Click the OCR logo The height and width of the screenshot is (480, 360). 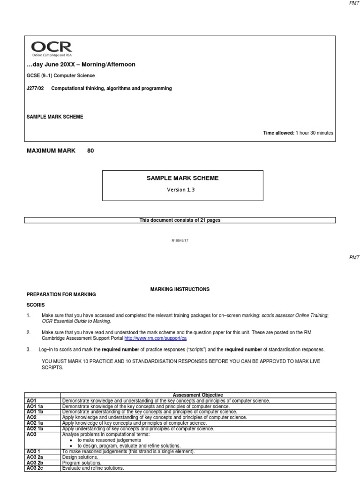point(52,48)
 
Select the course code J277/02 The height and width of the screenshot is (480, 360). point(35,88)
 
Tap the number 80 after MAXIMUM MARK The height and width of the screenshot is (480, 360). point(90,150)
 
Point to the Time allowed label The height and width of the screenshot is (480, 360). point(278,133)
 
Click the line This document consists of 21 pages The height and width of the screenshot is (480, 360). point(180,220)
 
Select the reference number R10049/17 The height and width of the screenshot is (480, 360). point(180,240)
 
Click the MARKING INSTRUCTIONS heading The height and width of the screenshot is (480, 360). point(180,289)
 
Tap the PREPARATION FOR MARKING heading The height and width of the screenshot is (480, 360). point(61,294)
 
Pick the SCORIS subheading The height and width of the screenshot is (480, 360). point(36,305)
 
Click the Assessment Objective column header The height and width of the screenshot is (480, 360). point(198,395)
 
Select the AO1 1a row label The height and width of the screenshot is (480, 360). point(35,406)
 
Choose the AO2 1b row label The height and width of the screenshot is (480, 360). point(35,429)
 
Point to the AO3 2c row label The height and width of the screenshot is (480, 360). point(35,468)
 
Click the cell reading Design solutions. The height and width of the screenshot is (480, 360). point(80,457)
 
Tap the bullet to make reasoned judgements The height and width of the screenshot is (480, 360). point(109,440)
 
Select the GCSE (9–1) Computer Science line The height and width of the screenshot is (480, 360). point(60,75)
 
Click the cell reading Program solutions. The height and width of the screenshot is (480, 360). point(82,463)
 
